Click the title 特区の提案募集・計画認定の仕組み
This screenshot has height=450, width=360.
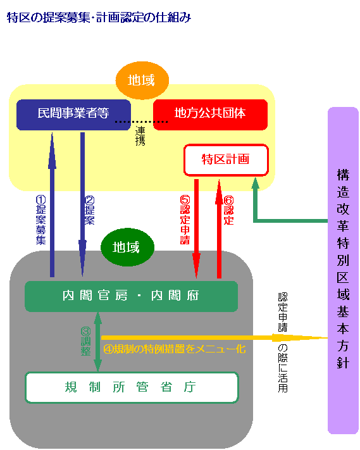pyautogui.click(x=99, y=17)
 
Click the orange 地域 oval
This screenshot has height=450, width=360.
pyautogui.click(x=144, y=80)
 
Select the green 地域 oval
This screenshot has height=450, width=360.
pyautogui.click(x=128, y=247)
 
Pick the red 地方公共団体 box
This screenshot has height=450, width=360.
pyautogui.click(x=210, y=114)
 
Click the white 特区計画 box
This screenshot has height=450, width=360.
pyautogui.click(x=226, y=159)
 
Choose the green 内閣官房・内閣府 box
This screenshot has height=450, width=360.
pyautogui.click(x=131, y=296)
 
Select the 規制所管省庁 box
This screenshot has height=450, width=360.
pyautogui.click(x=131, y=387)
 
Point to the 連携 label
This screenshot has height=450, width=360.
pyautogui.click(x=140, y=136)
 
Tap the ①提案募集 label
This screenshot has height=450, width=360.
pyautogui.click(x=41, y=219)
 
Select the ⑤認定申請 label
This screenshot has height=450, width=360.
pyautogui.click(x=185, y=219)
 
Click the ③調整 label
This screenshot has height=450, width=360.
pyautogui.click(x=86, y=341)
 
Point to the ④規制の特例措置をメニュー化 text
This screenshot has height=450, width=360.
pyautogui.click(x=174, y=349)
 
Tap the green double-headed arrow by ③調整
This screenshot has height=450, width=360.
pyautogui.click(x=98, y=342)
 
